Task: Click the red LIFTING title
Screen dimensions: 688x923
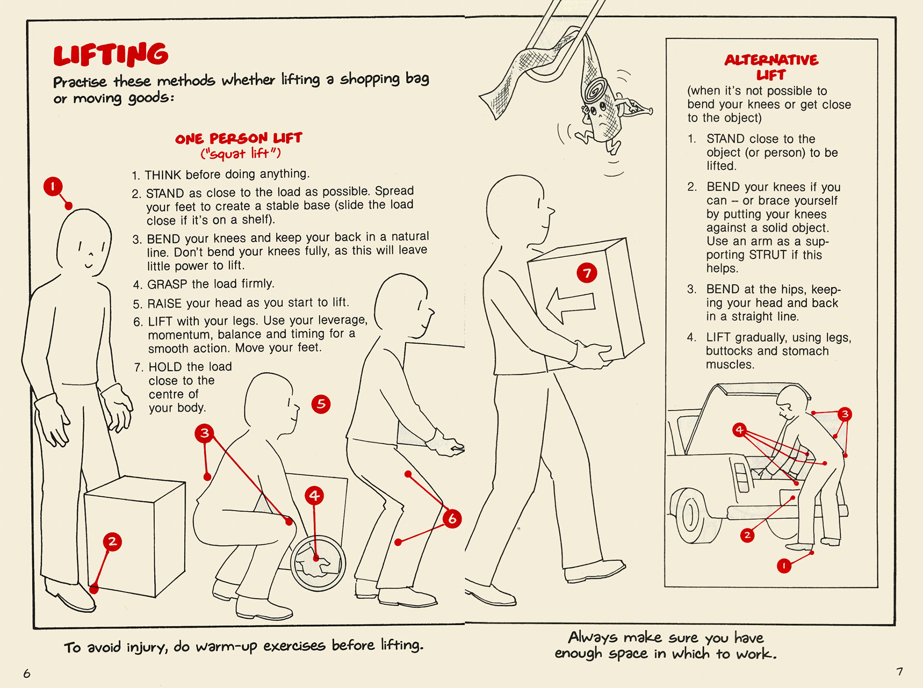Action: pyautogui.click(x=111, y=54)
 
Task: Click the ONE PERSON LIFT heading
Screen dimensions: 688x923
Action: pyautogui.click(x=238, y=138)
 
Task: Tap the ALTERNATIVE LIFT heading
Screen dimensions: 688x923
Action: pyautogui.click(x=771, y=66)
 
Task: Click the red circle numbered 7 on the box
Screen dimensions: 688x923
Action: pyautogui.click(x=586, y=273)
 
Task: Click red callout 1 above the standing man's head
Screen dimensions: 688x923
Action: pyautogui.click(x=53, y=186)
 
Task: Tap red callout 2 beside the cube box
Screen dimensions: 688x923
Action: pyautogui.click(x=112, y=542)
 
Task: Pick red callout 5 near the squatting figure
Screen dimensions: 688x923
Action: pyautogui.click(x=321, y=404)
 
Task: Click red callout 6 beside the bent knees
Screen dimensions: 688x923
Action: pyautogui.click(x=452, y=519)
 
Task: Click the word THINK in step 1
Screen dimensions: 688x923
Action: pyautogui.click(x=163, y=175)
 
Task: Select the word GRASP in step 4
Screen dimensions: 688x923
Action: pyautogui.click(x=167, y=285)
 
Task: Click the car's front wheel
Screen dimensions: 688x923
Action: pyautogui.click(x=690, y=516)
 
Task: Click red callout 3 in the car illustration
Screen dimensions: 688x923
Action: pyautogui.click(x=845, y=414)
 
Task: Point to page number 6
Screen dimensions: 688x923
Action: pyautogui.click(x=27, y=674)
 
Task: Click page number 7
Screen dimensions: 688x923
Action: pyautogui.click(x=899, y=671)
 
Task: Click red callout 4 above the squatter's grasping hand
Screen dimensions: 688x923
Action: pyautogui.click(x=314, y=495)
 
